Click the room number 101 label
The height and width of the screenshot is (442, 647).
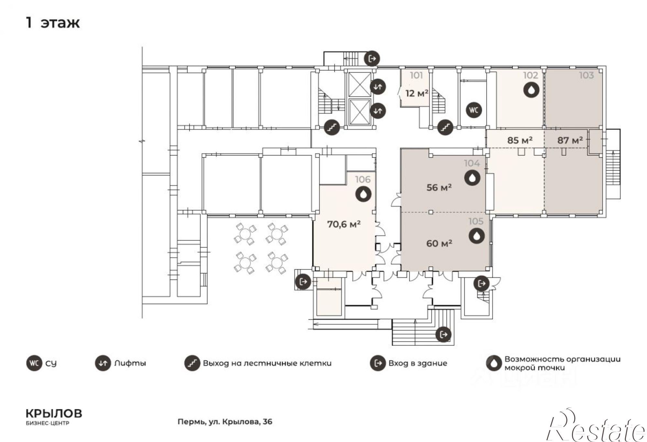click(x=416, y=75)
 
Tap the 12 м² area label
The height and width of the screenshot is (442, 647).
click(x=417, y=93)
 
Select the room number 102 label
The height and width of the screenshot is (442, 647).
click(x=531, y=75)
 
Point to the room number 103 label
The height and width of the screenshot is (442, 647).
click(x=587, y=75)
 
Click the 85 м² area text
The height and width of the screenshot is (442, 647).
click(x=520, y=140)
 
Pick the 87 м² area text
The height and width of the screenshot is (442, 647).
click(x=570, y=140)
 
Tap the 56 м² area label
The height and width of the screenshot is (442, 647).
click(x=439, y=187)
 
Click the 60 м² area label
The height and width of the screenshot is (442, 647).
click(x=439, y=243)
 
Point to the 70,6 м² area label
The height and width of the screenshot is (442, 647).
click(x=344, y=224)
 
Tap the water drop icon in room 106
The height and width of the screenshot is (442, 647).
click(x=363, y=194)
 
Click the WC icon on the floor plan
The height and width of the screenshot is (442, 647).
click(x=474, y=110)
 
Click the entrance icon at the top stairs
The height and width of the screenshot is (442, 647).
click(x=372, y=59)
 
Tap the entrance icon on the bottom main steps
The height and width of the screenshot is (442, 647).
click(x=443, y=334)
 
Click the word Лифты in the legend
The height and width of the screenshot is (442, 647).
click(x=130, y=363)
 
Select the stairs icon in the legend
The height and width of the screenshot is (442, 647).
click(x=192, y=363)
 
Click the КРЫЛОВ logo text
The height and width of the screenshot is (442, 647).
click(x=54, y=414)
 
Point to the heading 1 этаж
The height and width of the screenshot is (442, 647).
click(x=53, y=23)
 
